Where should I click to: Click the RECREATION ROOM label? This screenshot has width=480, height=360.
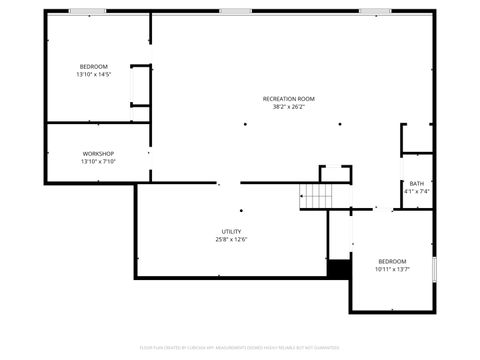pyautogui.click(x=289, y=98)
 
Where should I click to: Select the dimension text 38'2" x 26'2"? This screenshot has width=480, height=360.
pyautogui.click(x=289, y=107)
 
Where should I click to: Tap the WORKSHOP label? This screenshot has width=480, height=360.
pyautogui.click(x=98, y=153)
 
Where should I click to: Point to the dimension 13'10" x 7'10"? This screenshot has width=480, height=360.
pyautogui.click(x=98, y=161)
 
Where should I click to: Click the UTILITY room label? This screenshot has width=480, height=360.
pyautogui.click(x=231, y=231)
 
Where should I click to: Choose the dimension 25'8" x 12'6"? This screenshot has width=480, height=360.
pyautogui.click(x=231, y=239)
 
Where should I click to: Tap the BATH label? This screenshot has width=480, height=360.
pyautogui.click(x=416, y=183)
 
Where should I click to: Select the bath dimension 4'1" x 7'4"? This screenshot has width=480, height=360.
pyautogui.click(x=416, y=191)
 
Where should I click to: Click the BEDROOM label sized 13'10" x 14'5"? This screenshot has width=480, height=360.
pyautogui.click(x=94, y=66)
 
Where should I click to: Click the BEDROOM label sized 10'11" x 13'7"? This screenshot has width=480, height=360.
pyautogui.click(x=391, y=260)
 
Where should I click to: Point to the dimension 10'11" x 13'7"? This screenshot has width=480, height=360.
pyautogui.click(x=391, y=268)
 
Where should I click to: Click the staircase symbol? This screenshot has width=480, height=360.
pyautogui.click(x=318, y=197)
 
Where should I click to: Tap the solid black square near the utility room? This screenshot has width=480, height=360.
pyautogui.click(x=340, y=269)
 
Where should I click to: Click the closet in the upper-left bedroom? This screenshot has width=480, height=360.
pyautogui.click(x=139, y=86)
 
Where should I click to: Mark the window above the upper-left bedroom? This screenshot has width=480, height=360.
pyautogui.click(x=87, y=11)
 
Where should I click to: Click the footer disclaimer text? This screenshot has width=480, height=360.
pyautogui.click(x=240, y=349)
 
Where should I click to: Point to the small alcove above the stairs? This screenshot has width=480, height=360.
pyautogui.click(x=335, y=175)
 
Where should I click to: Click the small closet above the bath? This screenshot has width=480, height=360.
pyautogui.click(x=417, y=138)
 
